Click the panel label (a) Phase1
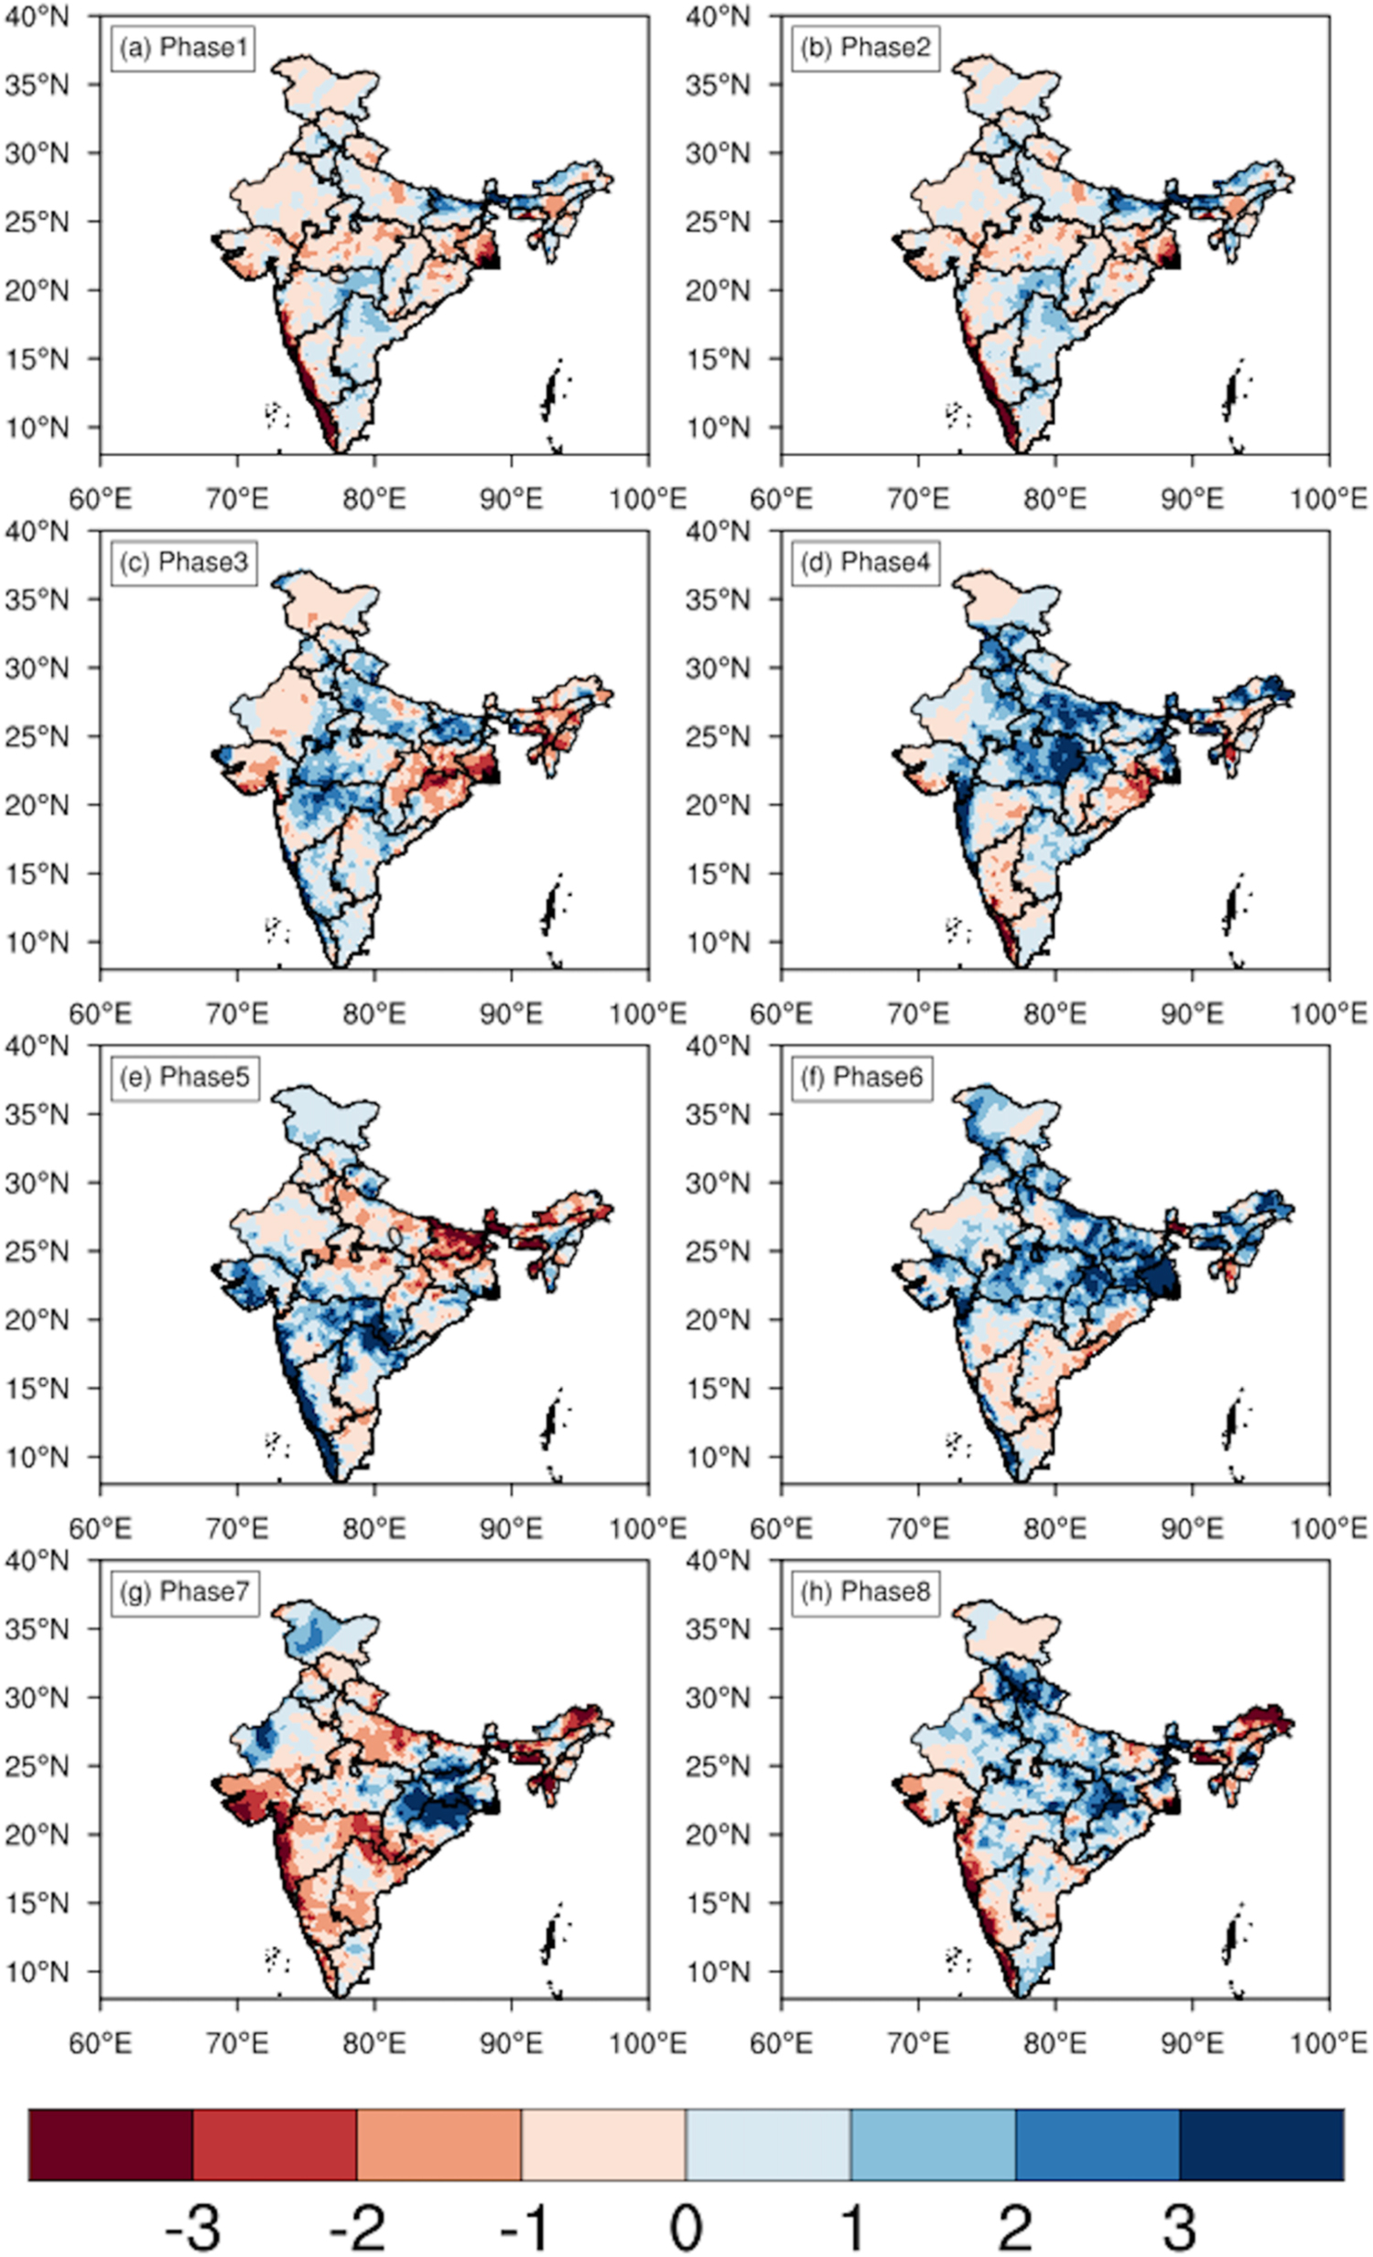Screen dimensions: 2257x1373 181,48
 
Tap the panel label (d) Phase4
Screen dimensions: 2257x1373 865,562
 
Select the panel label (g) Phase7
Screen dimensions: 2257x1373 184,1591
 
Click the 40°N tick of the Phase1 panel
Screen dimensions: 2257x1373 37,16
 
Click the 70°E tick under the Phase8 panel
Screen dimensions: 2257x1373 919,2044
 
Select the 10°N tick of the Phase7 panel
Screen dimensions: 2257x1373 37,1970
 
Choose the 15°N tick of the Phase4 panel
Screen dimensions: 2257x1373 719,874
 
